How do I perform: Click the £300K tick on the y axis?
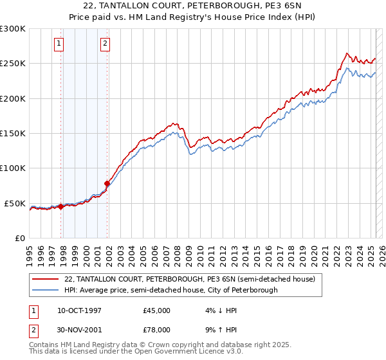13,29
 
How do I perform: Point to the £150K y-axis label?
13,133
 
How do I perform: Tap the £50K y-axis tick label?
15,203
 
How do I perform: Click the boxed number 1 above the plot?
59,44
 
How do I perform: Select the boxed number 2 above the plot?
105,44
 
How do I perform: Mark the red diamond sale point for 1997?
61,206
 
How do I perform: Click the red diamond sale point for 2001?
107,184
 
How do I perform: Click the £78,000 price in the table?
157,330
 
